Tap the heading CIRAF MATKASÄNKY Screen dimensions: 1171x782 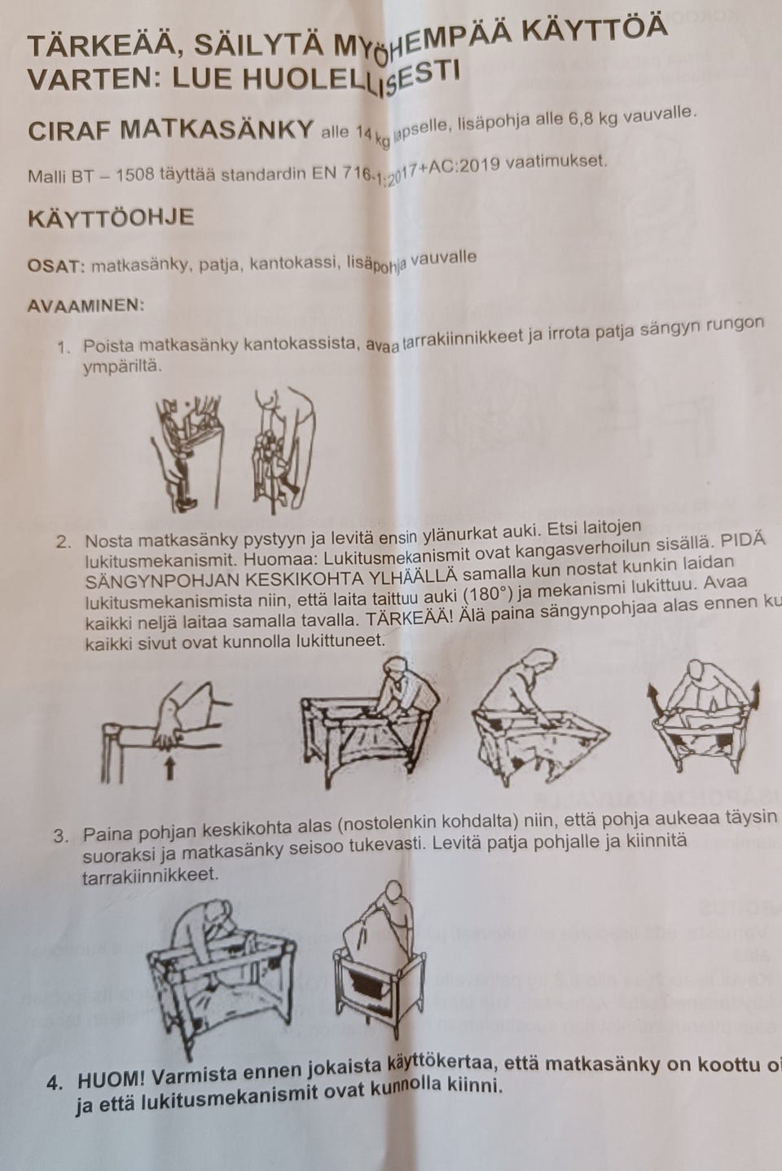tap(170, 130)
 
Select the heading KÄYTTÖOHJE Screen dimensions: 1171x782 tap(110, 218)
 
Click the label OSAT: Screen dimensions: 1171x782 tap(55, 266)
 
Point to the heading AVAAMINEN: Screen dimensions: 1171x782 tap(86, 306)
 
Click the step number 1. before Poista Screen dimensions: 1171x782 tap(64, 347)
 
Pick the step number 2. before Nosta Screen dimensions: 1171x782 tap(64, 542)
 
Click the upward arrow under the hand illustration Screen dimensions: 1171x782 tap(169, 767)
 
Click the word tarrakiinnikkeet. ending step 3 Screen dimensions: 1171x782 tap(150, 875)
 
